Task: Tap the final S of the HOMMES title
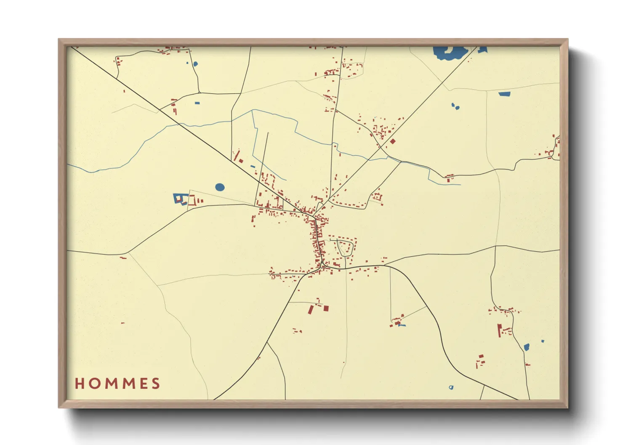[156, 384]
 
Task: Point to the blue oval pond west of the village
[220, 187]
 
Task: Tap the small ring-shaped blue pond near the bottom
[451, 387]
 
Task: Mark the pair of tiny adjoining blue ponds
[455, 106]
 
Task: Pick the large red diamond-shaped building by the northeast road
[393, 141]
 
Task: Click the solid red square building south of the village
[326, 308]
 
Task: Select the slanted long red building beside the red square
[311, 310]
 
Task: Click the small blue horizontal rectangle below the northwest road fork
[197, 103]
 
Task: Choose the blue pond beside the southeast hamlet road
[526, 347]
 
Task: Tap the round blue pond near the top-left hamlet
[195, 64]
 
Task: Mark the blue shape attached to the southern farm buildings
[402, 325]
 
